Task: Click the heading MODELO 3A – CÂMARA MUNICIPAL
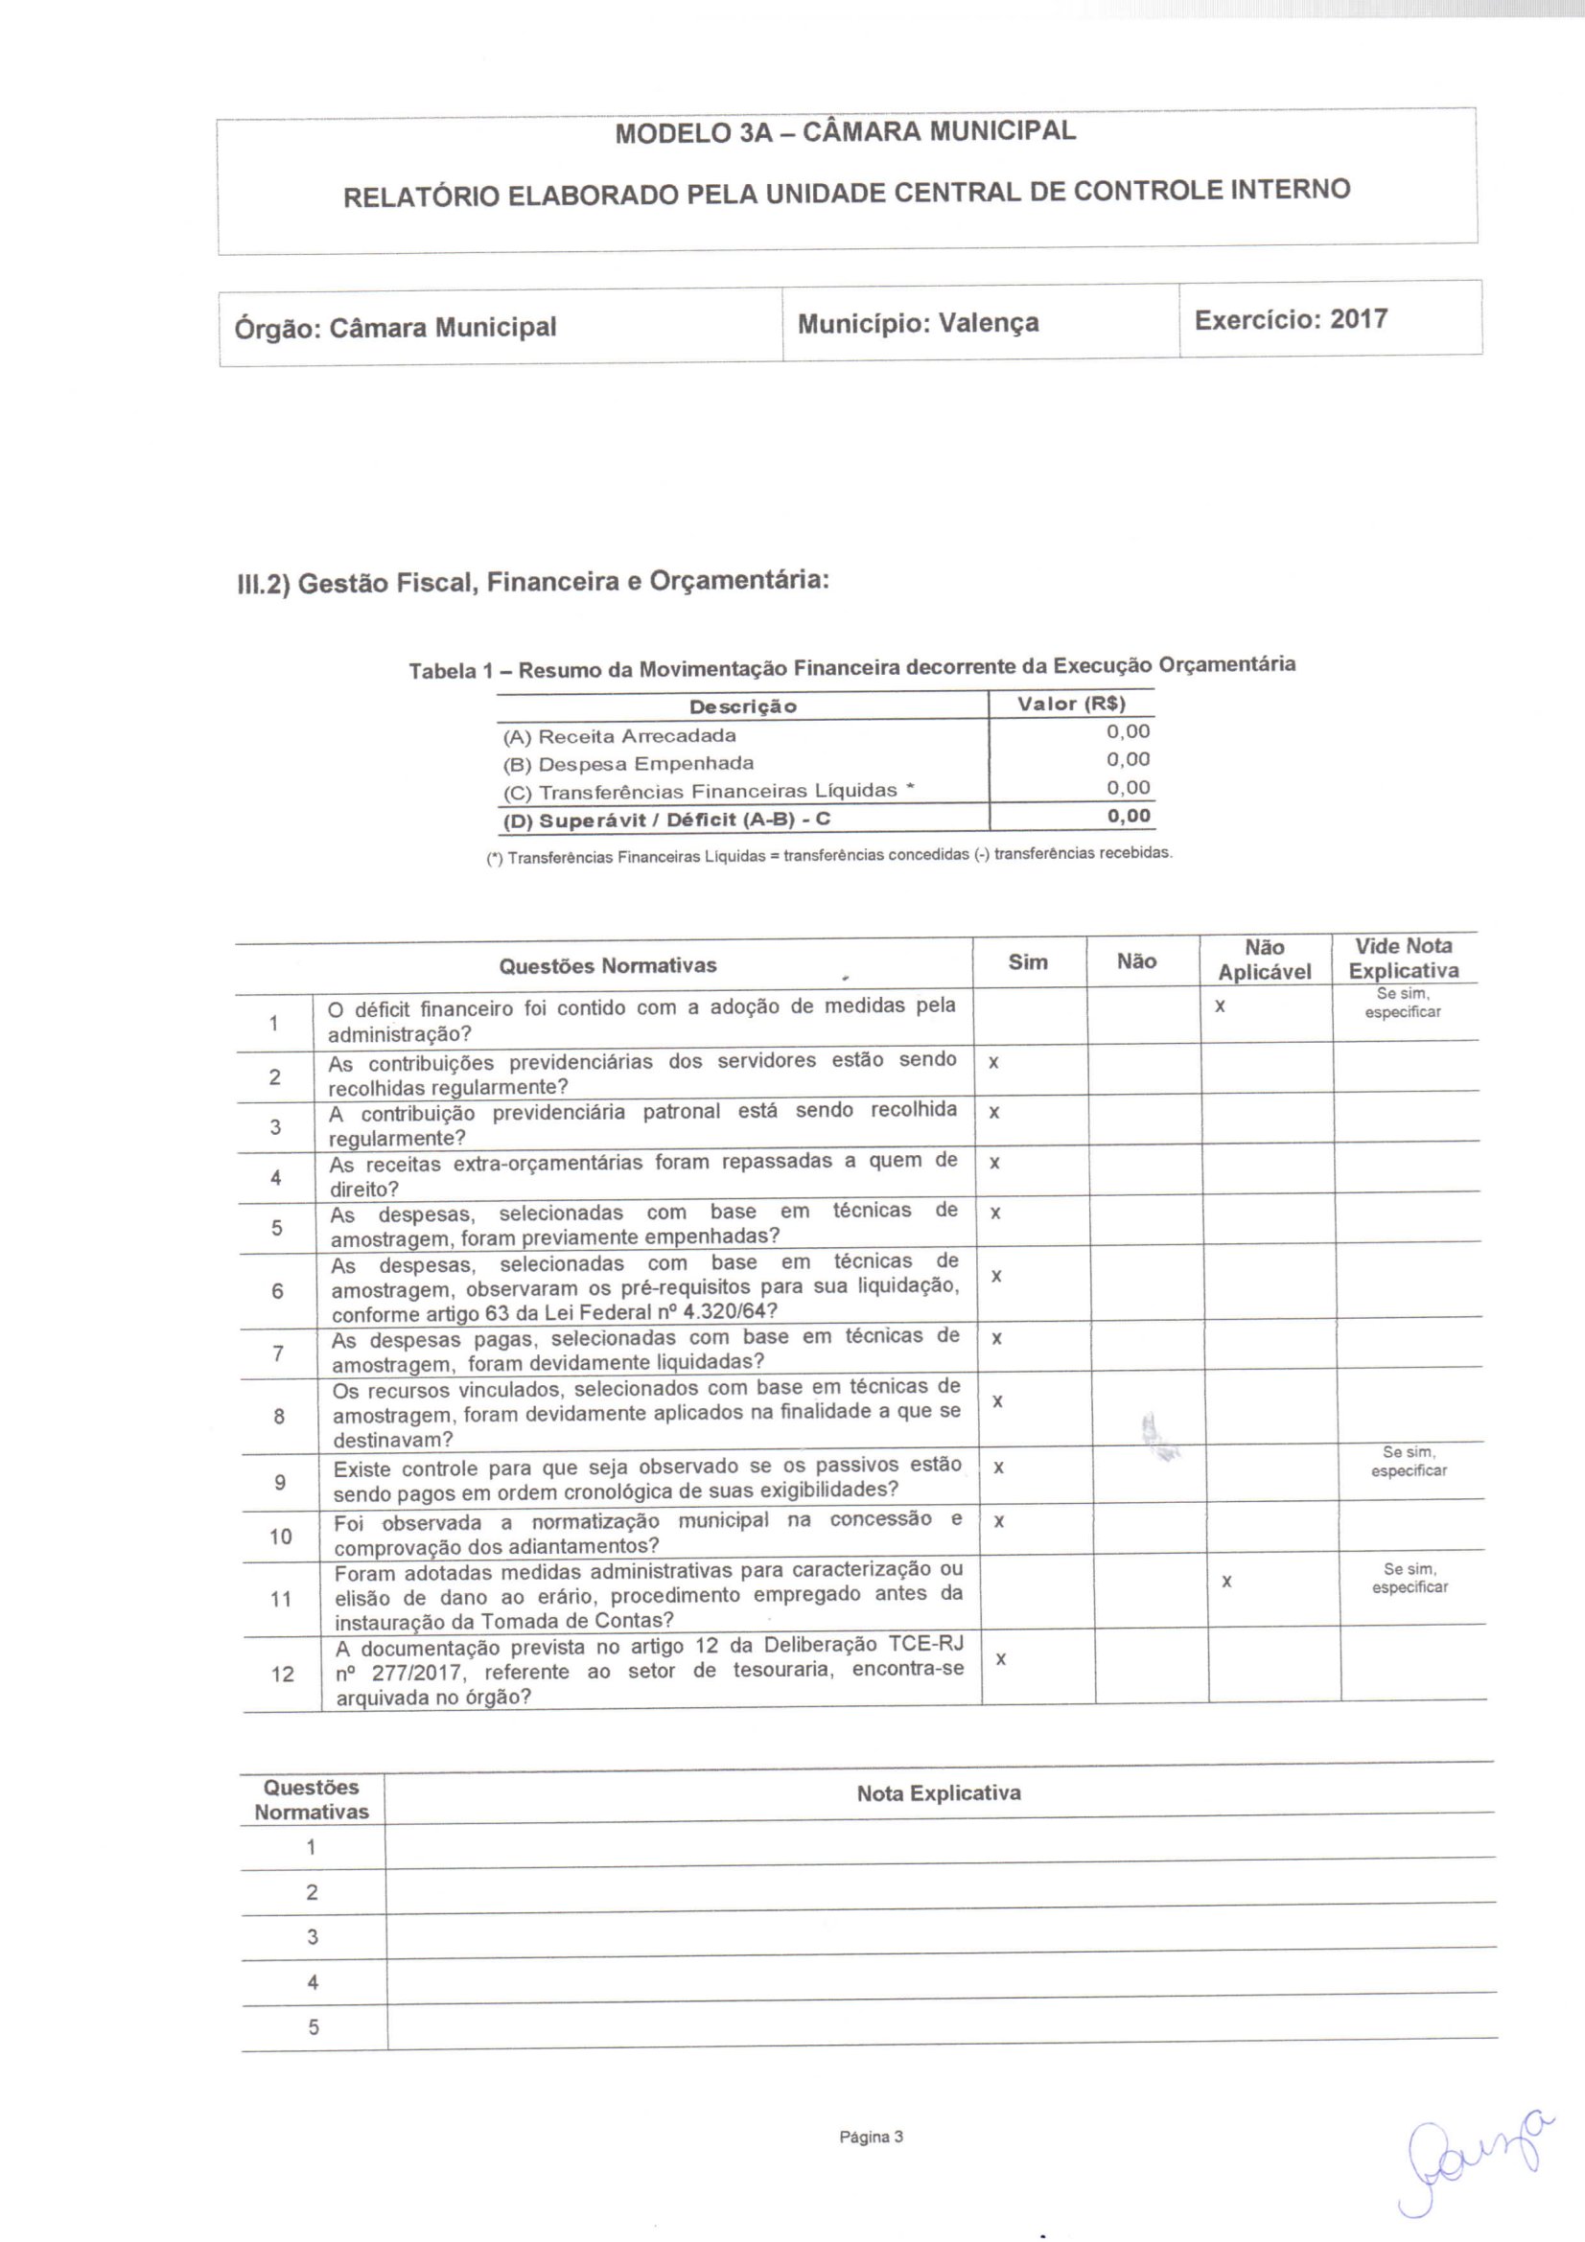(x=845, y=132)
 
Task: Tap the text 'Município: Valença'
(x=917, y=323)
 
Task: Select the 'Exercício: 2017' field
(x=1290, y=319)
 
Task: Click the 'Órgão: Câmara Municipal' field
(x=395, y=327)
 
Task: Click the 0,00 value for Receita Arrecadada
(x=1128, y=731)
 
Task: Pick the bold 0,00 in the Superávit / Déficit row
(x=1128, y=817)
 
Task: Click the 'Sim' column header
(x=1027, y=962)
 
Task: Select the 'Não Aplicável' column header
(x=1265, y=959)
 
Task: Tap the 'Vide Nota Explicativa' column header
(x=1404, y=958)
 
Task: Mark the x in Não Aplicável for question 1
(x=1220, y=1005)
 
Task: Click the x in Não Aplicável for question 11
(x=1226, y=1581)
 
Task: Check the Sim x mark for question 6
(x=995, y=1276)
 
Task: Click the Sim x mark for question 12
(x=1001, y=1659)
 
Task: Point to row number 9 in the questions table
(x=280, y=1482)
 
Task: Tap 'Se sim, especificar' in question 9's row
(x=1409, y=1462)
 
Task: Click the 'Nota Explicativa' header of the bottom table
(x=939, y=1792)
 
